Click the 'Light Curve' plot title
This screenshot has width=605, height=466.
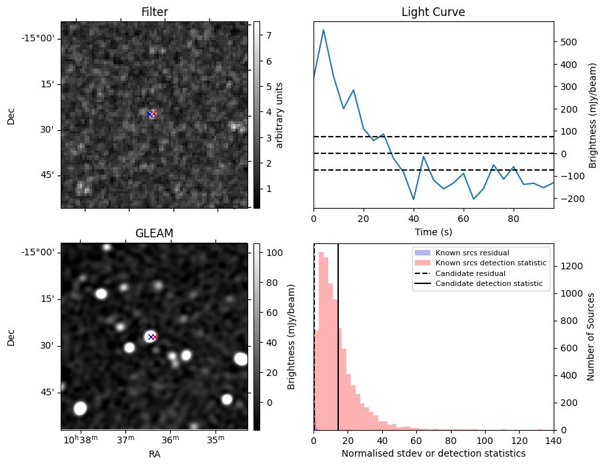click(433, 13)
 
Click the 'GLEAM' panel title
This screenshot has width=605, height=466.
click(154, 233)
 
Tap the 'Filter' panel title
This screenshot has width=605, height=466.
click(154, 13)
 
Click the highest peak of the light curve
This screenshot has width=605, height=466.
click(324, 30)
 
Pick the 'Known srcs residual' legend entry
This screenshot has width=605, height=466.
click(472, 253)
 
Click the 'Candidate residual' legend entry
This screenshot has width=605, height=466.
click(470, 274)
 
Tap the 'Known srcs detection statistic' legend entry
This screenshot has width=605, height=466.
click(490, 263)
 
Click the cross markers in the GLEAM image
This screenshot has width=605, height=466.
click(151, 337)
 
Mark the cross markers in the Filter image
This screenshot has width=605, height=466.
click(151, 114)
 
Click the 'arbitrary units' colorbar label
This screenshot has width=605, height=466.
click(279, 115)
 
